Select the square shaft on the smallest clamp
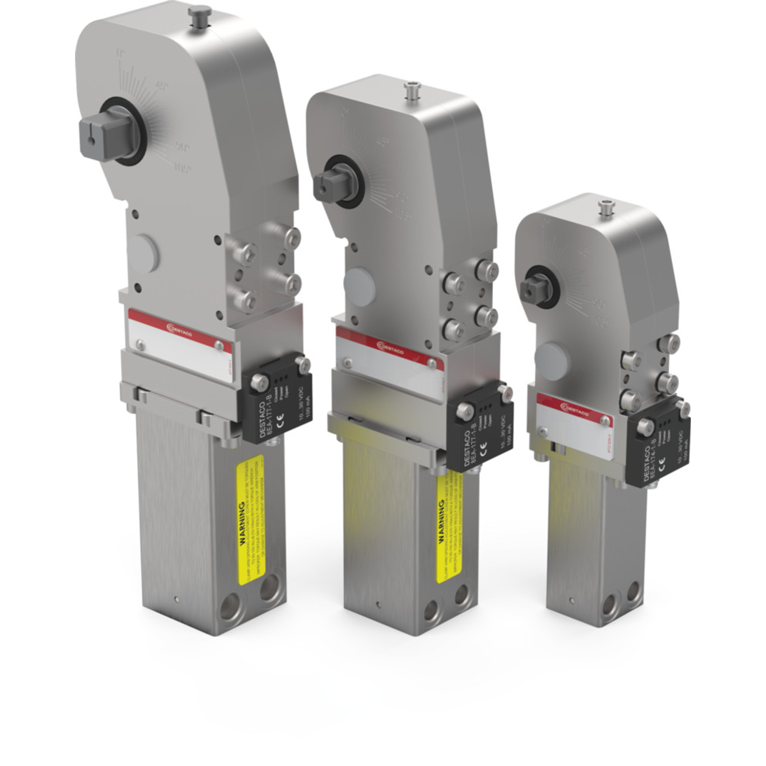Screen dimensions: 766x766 pyautogui.click(x=533, y=288)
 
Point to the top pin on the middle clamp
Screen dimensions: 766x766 pyautogui.click(x=411, y=90)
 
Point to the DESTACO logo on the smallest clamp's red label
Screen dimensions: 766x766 pyautogui.click(x=574, y=408)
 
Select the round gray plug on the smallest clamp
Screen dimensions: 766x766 pyautogui.click(x=550, y=361)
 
